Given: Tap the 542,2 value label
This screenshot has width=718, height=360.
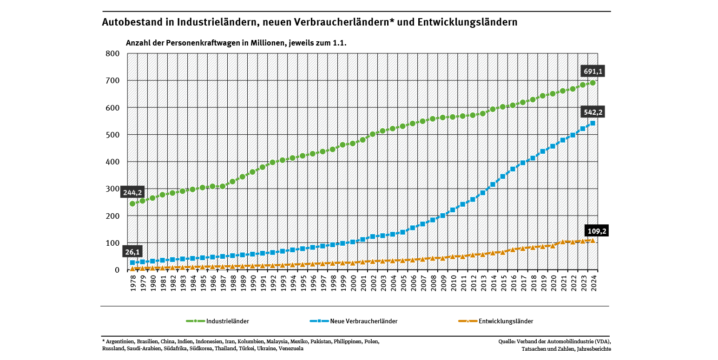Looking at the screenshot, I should click(x=593, y=112).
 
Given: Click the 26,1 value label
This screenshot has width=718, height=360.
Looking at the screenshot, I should click(x=132, y=252).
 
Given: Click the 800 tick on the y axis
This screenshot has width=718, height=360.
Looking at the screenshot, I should click(x=114, y=53).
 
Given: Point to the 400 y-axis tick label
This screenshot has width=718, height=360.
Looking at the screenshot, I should click(x=114, y=162).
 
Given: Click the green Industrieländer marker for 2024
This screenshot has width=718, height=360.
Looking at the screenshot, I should click(x=593, y=83).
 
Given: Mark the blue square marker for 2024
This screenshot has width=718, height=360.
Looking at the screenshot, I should click(x=593, y=123).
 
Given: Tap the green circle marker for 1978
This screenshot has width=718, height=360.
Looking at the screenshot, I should click(x=132, y=203).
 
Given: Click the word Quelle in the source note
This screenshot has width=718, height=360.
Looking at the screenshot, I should click(x=507, y=341).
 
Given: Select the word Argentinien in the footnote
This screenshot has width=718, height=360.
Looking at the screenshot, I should click(x=120, y=341).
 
